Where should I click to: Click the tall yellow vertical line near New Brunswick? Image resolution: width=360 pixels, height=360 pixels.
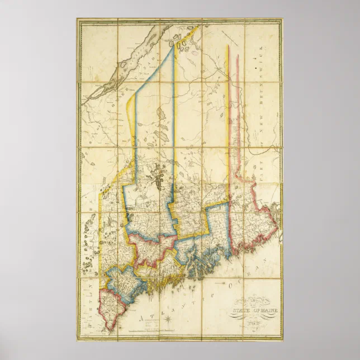[228, 112]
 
